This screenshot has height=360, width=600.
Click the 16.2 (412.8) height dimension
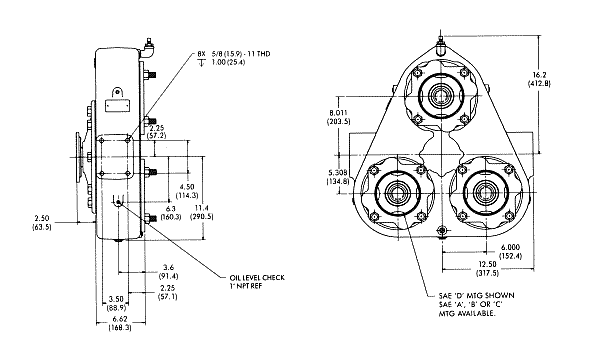tap(539, 79)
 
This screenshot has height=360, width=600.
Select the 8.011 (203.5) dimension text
tap(338, 117)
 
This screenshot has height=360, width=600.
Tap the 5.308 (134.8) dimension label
tap(338, 176)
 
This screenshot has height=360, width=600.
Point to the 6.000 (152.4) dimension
tap(510, 252)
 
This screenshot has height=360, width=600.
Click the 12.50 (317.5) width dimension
tap(488, 269)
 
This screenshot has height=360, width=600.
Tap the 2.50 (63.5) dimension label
tap(42, 222)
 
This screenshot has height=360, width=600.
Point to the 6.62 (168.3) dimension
tap(120, 323)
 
